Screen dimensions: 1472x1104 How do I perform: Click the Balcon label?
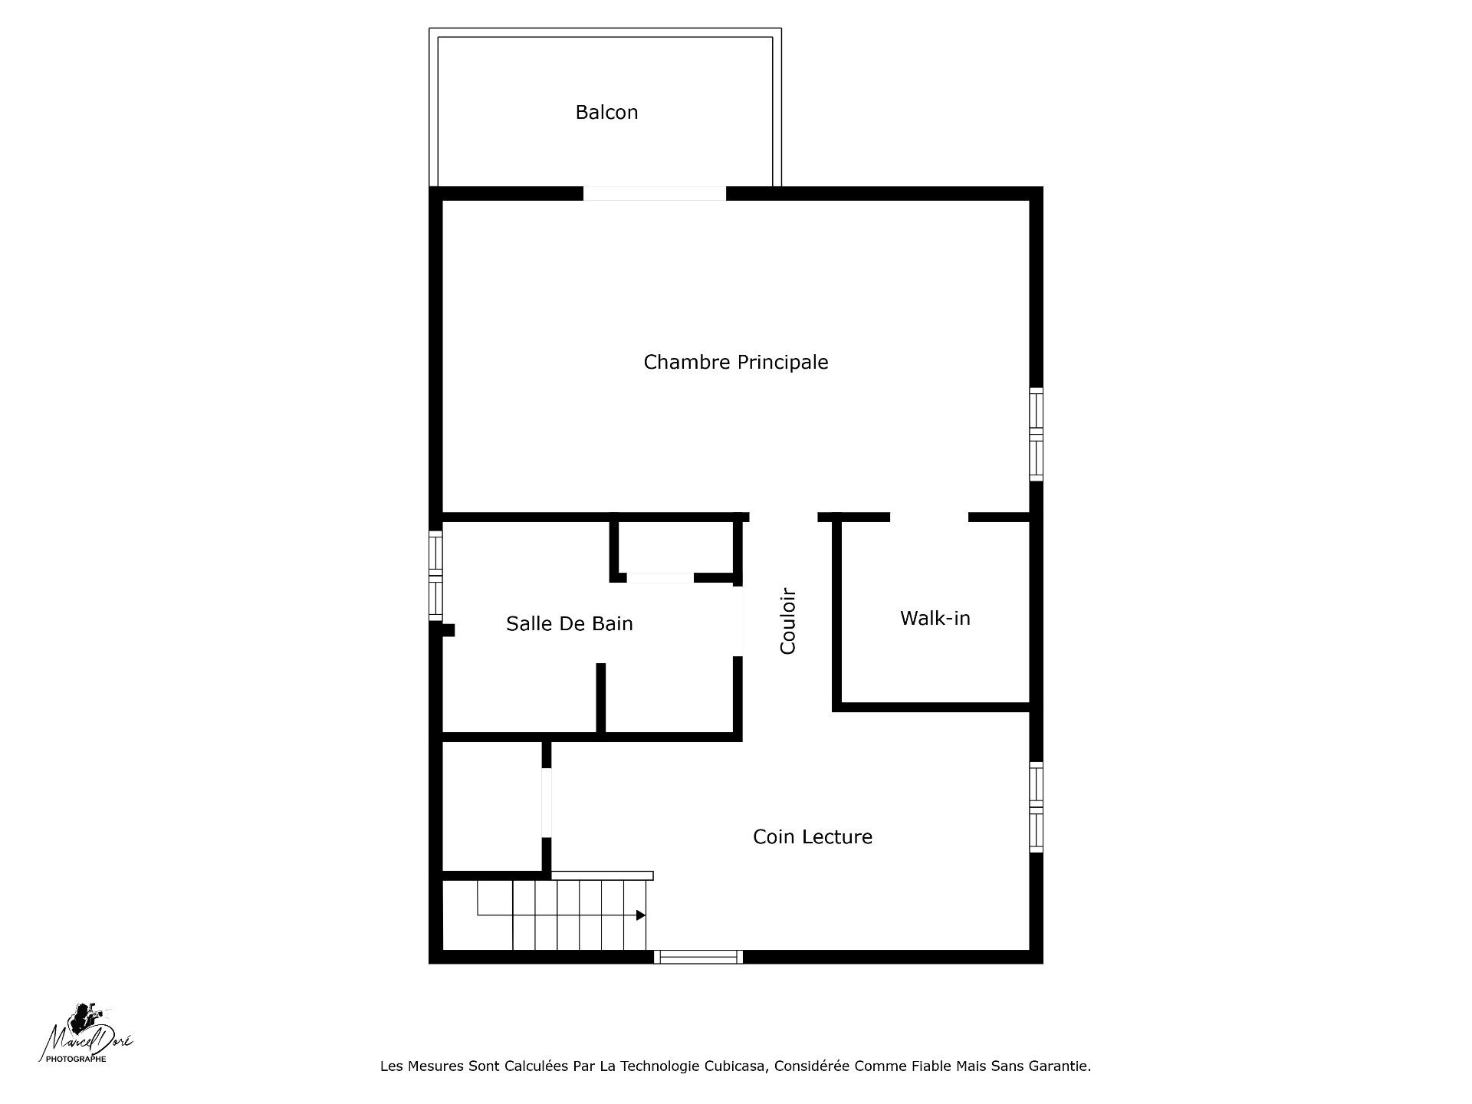pos(606,113)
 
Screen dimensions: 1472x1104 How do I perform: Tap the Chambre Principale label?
pos(736,362)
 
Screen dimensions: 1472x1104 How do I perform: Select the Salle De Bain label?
pos(570,623)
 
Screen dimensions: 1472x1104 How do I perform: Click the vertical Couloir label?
pos(788,621)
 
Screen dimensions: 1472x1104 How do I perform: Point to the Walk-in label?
pos(935,618)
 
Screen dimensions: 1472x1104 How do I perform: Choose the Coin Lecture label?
pos(813,836)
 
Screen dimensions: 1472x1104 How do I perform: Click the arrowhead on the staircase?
pos(641,915)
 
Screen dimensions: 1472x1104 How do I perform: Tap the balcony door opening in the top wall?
pos(655,193)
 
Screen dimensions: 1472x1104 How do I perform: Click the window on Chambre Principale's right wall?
pos(1036,435)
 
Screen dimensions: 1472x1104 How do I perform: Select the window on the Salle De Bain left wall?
pos(435,575)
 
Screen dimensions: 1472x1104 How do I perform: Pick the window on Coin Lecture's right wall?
pos(1036,807)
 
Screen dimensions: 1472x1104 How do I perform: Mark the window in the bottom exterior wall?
pos(698,957)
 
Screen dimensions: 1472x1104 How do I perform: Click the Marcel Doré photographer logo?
pos(86,1034)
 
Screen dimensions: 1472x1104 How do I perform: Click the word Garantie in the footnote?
pos(1060,1066)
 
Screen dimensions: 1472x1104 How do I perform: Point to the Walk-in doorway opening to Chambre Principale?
pos(929,517)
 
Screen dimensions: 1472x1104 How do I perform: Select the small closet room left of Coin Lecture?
pos(492,807)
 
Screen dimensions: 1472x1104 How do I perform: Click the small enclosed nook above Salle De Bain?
pos(675,547)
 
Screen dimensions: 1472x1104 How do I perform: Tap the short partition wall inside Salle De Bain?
pos(601,698)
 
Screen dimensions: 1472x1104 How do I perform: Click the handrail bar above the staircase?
pos(603,876)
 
